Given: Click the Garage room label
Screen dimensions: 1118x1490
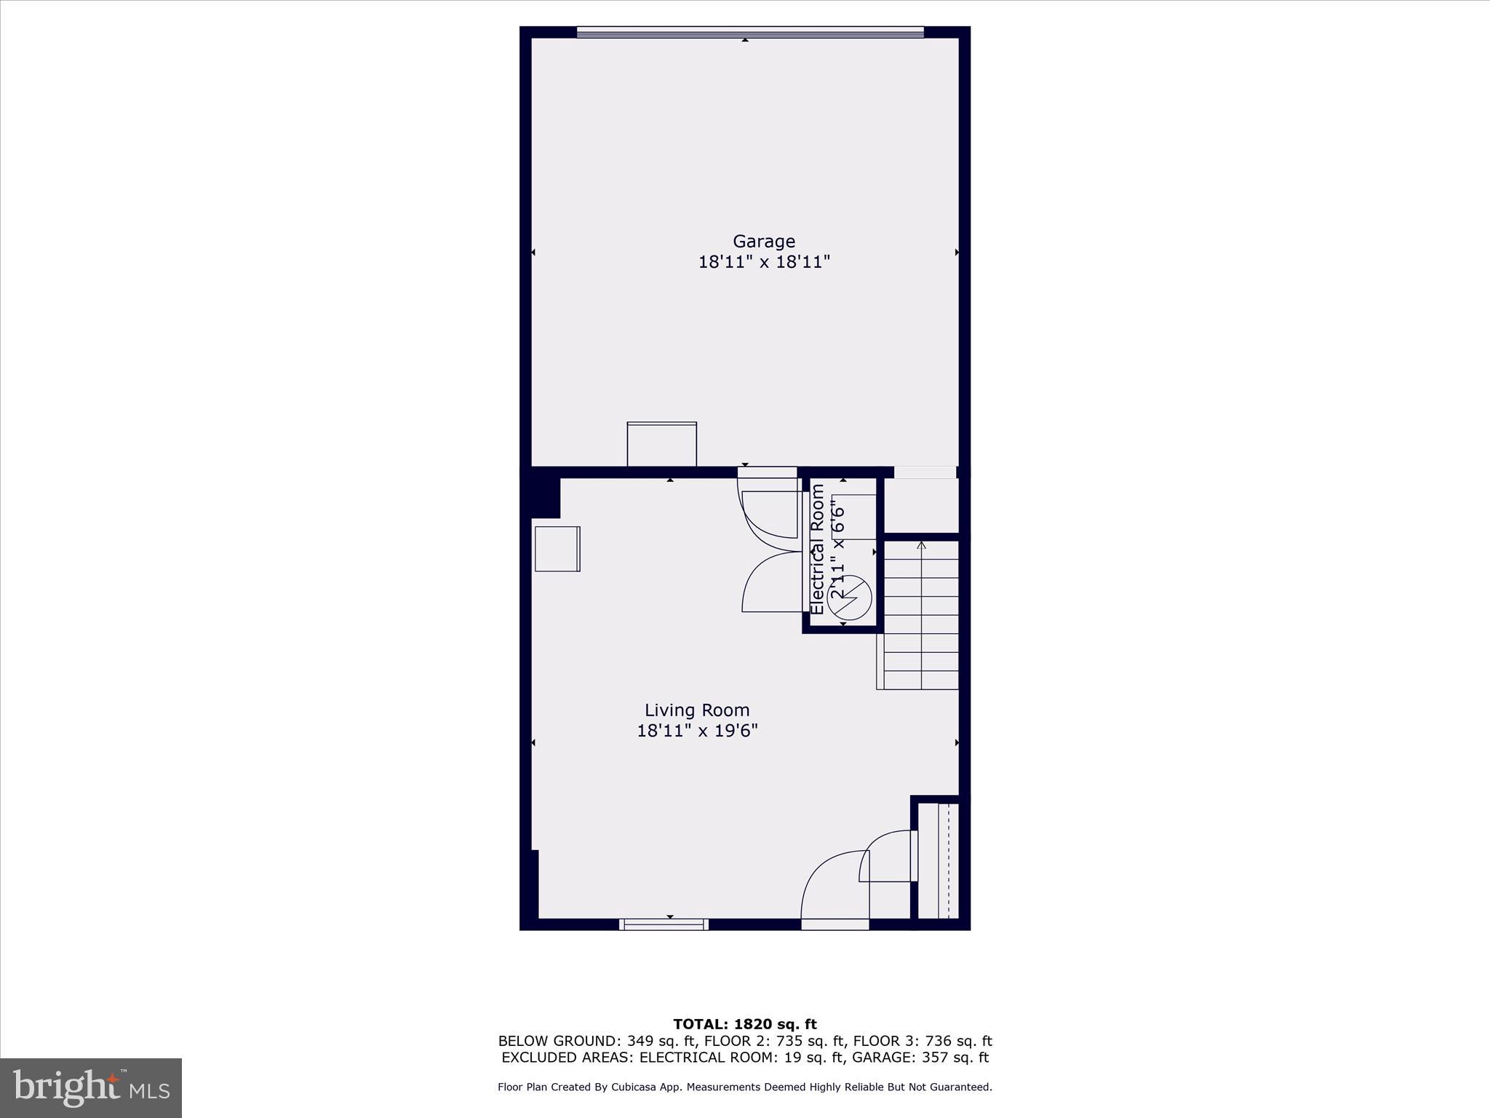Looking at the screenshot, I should click(763, 241).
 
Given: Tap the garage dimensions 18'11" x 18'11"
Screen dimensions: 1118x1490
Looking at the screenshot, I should click(764, 262).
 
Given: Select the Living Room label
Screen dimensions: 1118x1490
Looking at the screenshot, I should click(696, 710).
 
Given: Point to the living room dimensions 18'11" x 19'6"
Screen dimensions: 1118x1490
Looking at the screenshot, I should click(697, 731).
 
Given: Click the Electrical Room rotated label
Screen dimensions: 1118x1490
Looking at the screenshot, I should click(817, 550).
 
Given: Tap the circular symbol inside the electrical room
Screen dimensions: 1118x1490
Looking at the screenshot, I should click(849, 598).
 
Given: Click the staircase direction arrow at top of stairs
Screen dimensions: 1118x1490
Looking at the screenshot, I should click(921, 546).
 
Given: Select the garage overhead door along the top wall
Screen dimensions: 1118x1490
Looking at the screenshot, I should click(749, 32).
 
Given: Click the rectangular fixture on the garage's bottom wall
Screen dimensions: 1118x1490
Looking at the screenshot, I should click(661, 444).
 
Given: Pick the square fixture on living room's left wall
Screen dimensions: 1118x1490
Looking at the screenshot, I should click(557, 549).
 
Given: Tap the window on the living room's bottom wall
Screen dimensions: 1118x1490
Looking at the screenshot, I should click(664, 924).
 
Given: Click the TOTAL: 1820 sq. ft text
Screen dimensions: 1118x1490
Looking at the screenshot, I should click(744, 1025).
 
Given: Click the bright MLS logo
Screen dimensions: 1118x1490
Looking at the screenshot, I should click(91, 1087).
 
